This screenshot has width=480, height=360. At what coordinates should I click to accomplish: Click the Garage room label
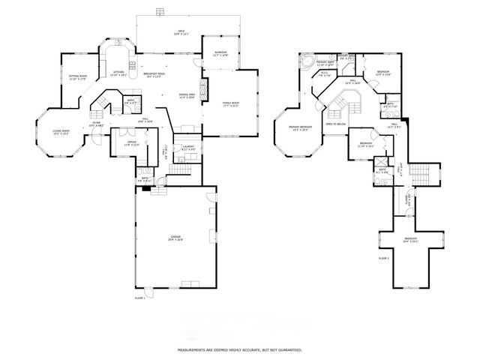(175, 238)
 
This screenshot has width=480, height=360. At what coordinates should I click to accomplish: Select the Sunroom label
(220, 52)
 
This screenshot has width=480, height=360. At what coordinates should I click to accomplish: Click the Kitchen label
(118, 73)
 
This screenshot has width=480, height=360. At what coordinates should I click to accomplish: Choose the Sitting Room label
(78, 76)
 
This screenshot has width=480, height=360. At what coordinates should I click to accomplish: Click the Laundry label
(188, 148)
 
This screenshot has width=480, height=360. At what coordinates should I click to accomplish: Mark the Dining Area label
(187, 96)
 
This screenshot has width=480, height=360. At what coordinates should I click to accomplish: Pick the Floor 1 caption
(139, 298)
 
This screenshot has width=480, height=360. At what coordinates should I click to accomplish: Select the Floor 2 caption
(384, 258)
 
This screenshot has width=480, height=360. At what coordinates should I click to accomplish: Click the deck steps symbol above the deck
(159, 10)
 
